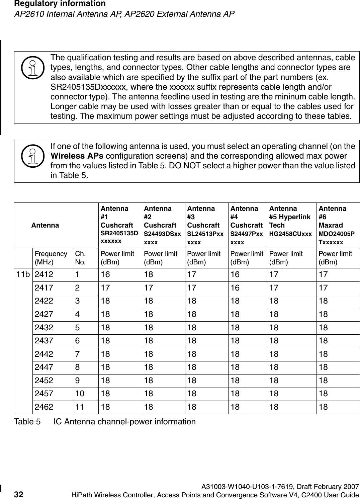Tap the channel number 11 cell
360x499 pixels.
(80, 407)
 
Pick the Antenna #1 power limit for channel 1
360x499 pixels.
(105, 275)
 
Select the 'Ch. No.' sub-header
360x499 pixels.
(80, 257)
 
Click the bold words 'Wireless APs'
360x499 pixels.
(76, 156)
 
